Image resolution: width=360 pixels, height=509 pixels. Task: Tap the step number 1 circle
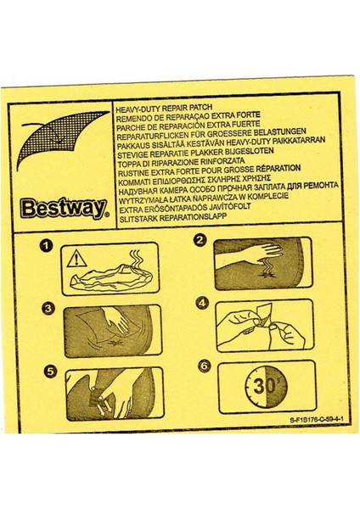coord(46,245)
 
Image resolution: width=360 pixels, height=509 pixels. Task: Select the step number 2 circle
coord(200,240)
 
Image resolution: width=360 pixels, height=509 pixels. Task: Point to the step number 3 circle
coord(48,309)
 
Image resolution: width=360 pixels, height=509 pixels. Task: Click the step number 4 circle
coord(202,303)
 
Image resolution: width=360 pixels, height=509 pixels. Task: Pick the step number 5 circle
coord(50,371)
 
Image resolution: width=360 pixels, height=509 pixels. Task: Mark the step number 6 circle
coord(204,366)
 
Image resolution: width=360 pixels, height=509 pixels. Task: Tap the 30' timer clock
coord(266,387)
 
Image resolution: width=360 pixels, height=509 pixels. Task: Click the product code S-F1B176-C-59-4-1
coord(316,420)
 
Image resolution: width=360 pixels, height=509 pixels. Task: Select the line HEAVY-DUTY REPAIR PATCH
coord(164,108)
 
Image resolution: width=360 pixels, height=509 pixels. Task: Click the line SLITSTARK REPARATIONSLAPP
coord(173,217)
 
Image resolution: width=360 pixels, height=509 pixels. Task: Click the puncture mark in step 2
coord(268,275)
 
